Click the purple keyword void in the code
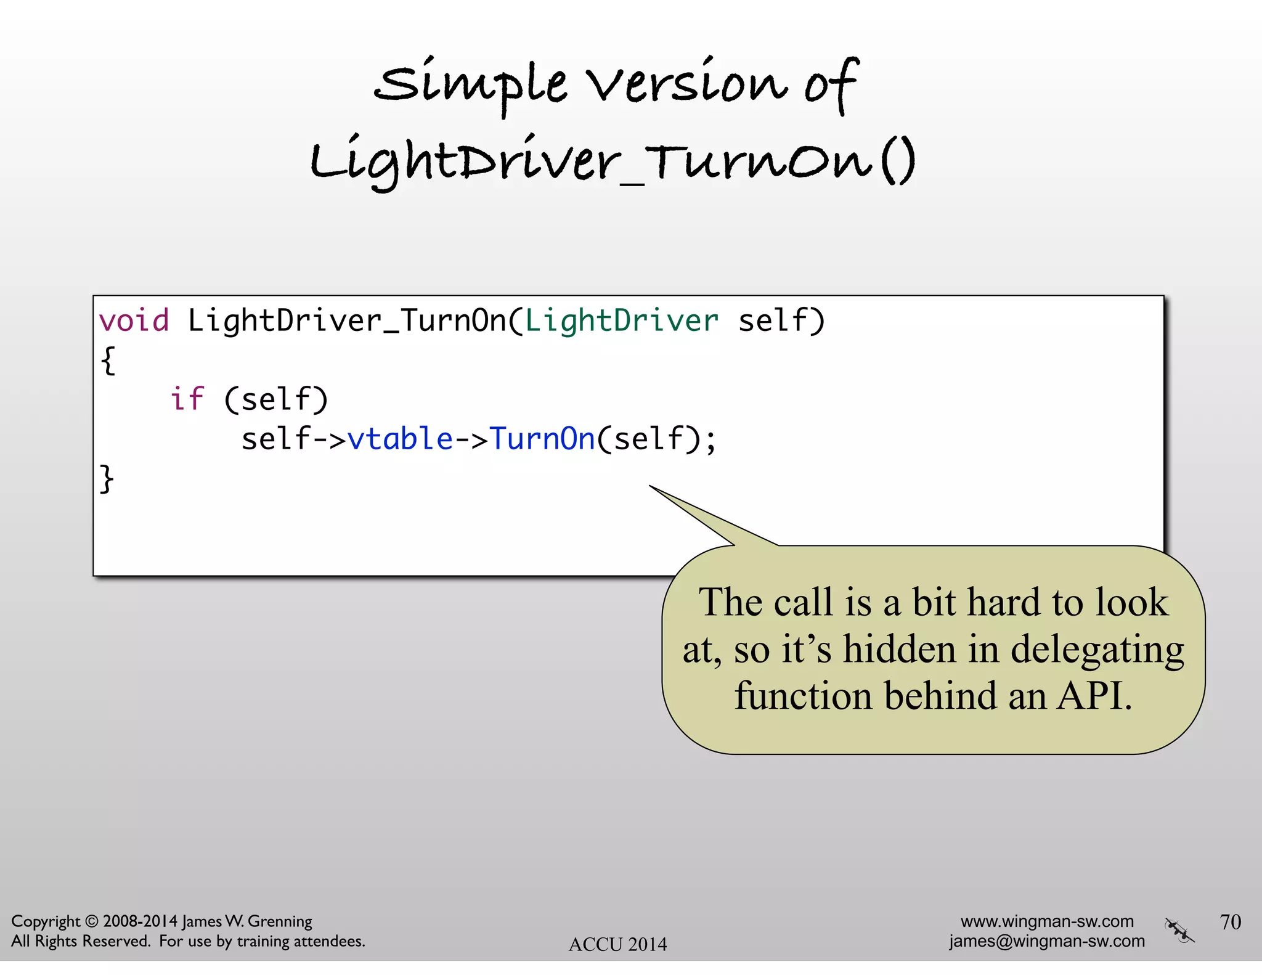click(134, 321)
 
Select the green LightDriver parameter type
click(621, 321)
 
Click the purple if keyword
click(187, 399)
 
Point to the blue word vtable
click(400, 439)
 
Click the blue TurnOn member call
click(542, 439)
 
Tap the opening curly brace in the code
click(108, 361)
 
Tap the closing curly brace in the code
click(107, 479)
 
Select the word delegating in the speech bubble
click(1097, 650)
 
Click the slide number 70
click(1230, 921)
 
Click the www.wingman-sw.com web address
click(1047, 921)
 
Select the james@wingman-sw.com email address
click(1046, 941)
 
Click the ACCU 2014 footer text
click(617, 944)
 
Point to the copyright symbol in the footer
click(91, 921)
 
